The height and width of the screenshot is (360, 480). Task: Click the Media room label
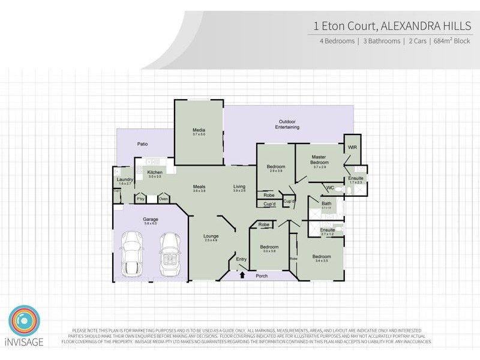[199, 130]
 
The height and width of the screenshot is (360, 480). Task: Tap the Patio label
[142, 145]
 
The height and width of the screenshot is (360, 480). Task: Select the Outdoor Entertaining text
[287, 124]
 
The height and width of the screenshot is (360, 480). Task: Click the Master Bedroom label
[319, 160]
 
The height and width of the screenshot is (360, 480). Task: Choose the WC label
[330, 188]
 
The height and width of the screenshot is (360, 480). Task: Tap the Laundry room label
[125, 179]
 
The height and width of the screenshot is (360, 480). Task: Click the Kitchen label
[155, 173]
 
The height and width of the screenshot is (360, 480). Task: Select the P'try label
[141, 199]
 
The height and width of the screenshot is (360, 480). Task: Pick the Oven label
[163, 199]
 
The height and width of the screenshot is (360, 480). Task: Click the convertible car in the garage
[169, 253]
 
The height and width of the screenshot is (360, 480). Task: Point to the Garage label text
[150, 220]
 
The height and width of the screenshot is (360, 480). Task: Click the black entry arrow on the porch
[242, 275]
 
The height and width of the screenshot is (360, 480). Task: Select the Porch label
[262, 277]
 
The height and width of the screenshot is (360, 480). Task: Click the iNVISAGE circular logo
[25, 322]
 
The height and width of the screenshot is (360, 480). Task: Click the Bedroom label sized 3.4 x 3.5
[322, 257]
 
